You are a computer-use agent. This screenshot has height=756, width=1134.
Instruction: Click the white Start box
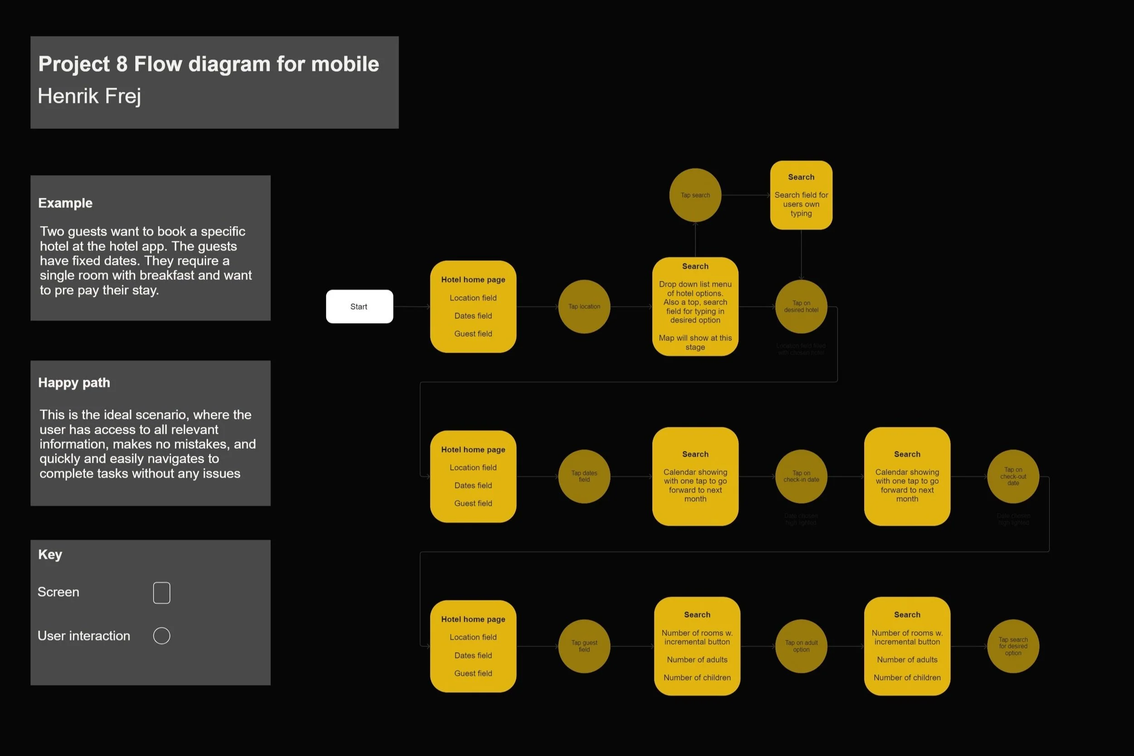click(x=359, y=307)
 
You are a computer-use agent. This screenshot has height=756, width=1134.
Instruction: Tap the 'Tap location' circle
click(x=584, y=307)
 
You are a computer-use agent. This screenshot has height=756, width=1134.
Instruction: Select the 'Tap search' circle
click(x=695, y=195)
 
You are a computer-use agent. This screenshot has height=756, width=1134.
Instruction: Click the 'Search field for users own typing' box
click(x=801, y=195)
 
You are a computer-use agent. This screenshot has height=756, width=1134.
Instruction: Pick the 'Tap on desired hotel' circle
click(x=801, y=307)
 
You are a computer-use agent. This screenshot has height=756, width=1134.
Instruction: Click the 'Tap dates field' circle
click(x=584, y=476)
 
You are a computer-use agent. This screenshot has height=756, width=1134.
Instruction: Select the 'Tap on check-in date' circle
click(x=801, y=476)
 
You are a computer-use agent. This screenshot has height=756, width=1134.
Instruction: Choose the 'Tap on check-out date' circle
click(x=1013, y=476)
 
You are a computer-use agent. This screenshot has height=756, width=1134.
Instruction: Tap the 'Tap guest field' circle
click(x=584, y=646)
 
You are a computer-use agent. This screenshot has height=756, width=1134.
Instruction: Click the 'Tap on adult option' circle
click(x=801, y=646)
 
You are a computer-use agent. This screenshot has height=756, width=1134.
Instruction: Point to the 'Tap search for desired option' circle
click(x=1013, y=646)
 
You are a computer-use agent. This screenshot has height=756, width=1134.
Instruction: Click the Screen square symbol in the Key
click(x=161, y=593)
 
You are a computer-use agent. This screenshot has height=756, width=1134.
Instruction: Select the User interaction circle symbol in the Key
click(x=161, y=635)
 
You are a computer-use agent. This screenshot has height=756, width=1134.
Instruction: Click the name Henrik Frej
click(x=90, y=96)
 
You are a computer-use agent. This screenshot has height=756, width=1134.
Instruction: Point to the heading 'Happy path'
click(x=74, y=383)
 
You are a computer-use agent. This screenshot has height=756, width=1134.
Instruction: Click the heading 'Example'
click(x=65, y=203)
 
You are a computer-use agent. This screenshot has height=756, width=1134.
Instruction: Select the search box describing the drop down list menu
click(x=695, y=307)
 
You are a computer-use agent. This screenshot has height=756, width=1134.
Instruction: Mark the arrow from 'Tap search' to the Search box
click(x=746, y=195)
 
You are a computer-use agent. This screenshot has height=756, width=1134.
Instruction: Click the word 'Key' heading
click(x=50, y=555)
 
